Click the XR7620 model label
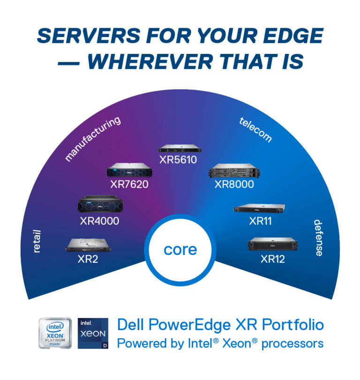[x=129, y=184]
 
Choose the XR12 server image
[x=272, y=244]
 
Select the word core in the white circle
[x=180, y=250]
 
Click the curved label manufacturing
[x=92, y=139]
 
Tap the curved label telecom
[x=255, y=129]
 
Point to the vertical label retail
[x=37, y=241]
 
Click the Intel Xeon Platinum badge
[x=55, y=334]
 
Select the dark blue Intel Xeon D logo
[x=92, y=334]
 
